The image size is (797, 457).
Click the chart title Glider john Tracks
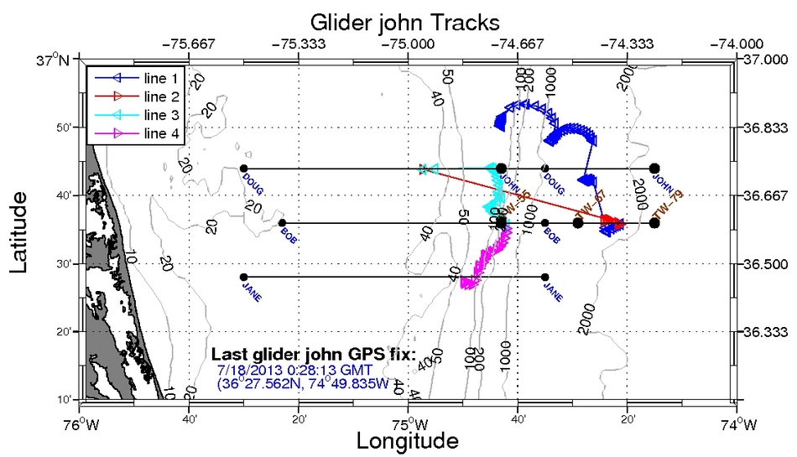405,20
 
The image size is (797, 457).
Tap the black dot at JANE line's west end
243,277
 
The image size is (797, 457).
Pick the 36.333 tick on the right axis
767,331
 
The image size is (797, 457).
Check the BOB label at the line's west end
289,231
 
